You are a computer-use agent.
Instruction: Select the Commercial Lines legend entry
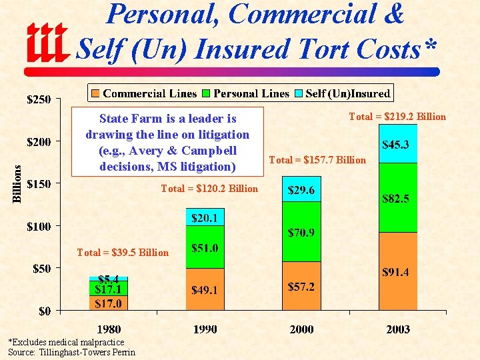pos(144,93)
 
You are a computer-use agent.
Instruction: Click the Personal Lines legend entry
pos(246,93)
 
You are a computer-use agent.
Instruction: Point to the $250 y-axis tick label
pos(38,100)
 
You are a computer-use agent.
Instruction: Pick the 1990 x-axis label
pos(205,329)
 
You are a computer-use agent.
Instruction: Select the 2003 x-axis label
pos(398,329)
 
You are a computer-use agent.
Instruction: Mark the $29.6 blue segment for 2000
pos(301,190)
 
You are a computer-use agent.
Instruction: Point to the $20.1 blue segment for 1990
pos(205,217)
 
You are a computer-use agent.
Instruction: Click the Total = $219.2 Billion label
pos(397,117)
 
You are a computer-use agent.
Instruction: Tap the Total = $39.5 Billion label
pos(123,252)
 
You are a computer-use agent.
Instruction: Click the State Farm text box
pos(167,142)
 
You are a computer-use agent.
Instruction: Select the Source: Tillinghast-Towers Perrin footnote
pos(71,352)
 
